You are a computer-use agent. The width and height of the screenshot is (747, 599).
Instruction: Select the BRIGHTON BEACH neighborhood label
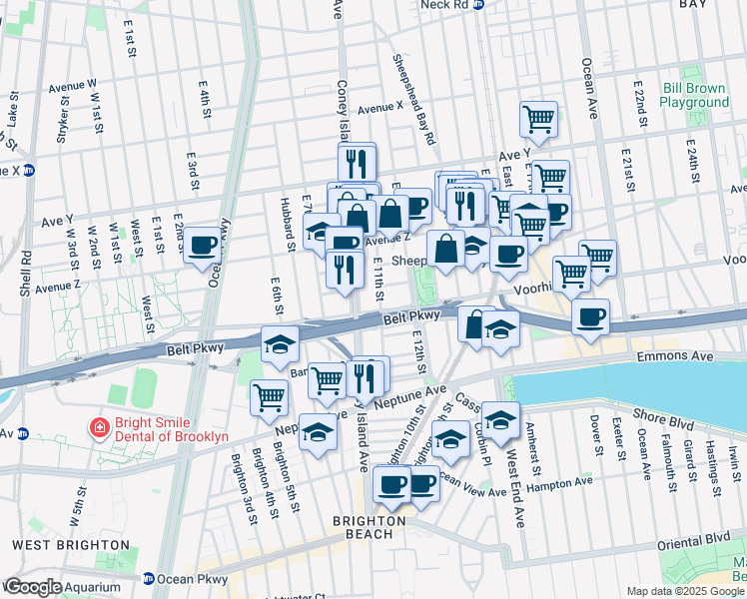370,527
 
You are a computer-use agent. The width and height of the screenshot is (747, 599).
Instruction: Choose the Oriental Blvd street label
695,540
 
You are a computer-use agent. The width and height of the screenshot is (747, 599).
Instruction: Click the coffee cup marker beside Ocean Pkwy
203,245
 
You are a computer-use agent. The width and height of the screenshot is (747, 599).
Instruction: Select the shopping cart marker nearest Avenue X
538,120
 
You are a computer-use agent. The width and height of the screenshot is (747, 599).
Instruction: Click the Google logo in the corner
32,587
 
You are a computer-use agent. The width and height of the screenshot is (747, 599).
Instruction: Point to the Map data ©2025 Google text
684,591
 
